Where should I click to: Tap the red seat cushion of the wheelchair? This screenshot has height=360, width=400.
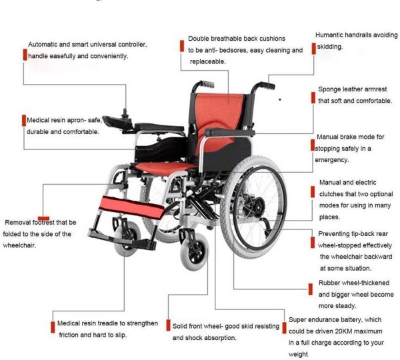[163, 167]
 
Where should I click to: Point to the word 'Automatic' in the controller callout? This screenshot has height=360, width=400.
[43, 45]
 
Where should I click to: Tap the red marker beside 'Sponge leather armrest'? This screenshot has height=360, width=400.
[313, 98]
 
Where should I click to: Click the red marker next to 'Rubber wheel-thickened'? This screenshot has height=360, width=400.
[311, 289]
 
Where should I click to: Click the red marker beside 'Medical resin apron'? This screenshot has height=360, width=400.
[24, 121]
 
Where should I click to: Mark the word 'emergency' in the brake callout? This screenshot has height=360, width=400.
[331, 160]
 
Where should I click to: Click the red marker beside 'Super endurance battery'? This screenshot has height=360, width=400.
[284, 328]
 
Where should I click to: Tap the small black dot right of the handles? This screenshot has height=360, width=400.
[280, 99]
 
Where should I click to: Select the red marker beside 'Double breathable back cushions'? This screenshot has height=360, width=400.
[182, 46]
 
